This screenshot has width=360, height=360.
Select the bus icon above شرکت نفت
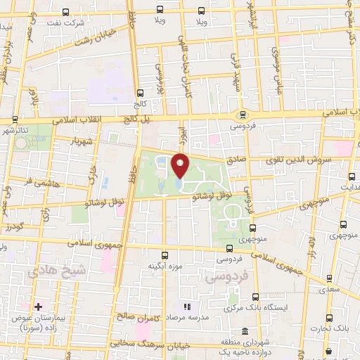point(65,12)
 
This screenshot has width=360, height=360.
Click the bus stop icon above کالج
point(140,92)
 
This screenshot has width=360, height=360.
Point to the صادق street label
point(237,160)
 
